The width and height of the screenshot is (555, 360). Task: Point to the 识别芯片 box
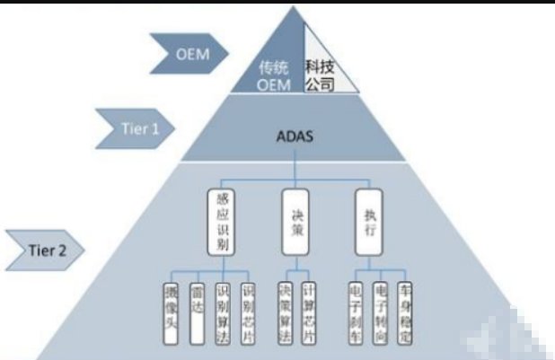(249, 314)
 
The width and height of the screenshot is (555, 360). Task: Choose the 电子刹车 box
(355, 314)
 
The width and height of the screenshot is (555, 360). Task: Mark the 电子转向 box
(379, 314)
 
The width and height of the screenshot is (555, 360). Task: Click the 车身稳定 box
(404, 314)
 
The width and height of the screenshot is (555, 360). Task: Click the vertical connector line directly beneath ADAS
(295, 171)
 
